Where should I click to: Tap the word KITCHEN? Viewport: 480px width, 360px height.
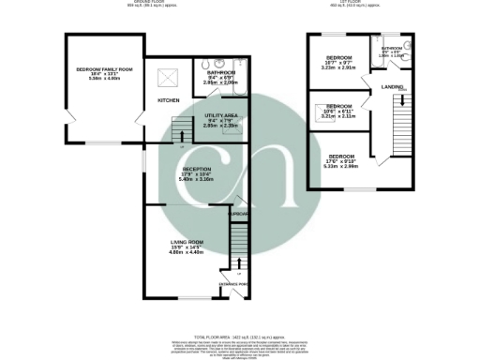click(169, 99)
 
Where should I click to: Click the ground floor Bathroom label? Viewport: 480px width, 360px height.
click(221, 72)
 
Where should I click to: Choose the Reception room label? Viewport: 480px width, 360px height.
click(196, 169)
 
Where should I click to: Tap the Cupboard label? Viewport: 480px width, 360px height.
click(240, 215)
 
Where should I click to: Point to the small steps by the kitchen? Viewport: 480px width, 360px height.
click(179, 129)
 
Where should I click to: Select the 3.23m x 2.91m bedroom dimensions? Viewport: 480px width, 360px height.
click(338, 67)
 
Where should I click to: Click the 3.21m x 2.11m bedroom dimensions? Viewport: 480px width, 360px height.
click(338, 117)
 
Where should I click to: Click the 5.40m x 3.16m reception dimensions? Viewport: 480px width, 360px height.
click(196, 179)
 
